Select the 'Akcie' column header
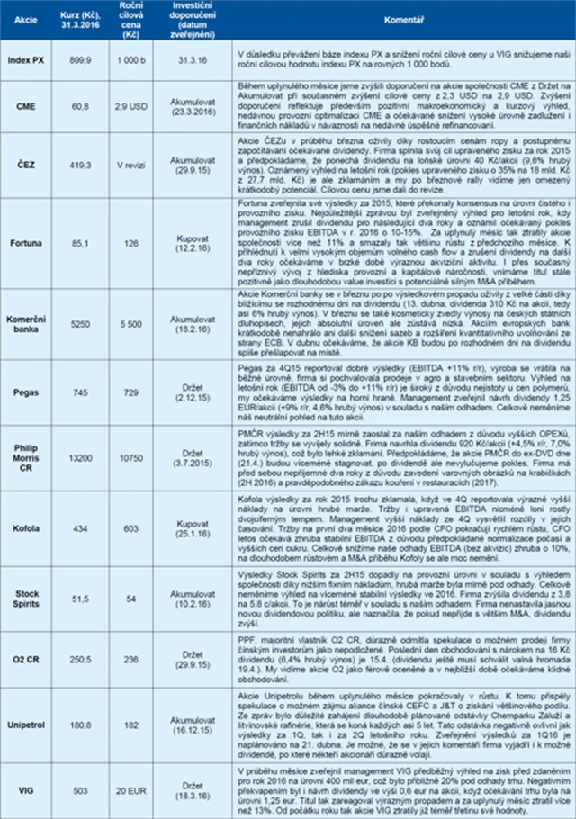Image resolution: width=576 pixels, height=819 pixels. point(26,19)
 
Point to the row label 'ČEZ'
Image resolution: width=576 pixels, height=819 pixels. point(26,166)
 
